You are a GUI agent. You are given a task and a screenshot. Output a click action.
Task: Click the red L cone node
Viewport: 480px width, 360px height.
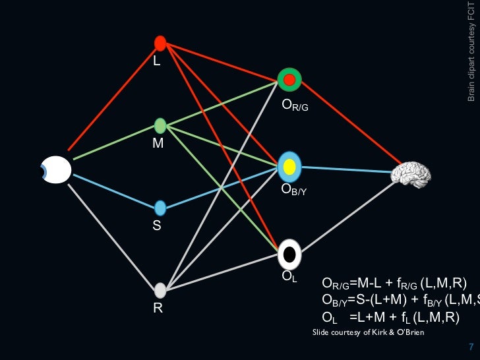(x=160, y=44)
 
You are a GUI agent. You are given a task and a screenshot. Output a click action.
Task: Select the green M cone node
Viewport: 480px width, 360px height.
(x=160, y=125)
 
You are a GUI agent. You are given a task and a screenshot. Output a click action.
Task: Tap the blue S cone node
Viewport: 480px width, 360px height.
(x=160, y=208)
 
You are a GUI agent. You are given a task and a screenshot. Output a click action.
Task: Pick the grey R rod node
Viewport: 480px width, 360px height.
(x=160, y=290)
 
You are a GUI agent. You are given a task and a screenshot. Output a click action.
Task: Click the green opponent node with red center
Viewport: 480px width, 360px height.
(x=289, y=80)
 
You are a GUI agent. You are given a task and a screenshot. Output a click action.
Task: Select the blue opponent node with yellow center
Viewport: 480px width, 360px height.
(x=289, y=167)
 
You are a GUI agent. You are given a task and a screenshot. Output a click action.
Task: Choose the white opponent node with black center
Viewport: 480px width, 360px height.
(x=289, y=253)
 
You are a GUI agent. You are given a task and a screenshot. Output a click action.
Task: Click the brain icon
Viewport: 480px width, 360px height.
(x=411, y=173)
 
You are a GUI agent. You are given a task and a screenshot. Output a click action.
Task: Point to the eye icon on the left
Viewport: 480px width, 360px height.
(x=56, y=169)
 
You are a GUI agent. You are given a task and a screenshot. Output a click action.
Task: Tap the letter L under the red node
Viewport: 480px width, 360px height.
(x=157, y=61)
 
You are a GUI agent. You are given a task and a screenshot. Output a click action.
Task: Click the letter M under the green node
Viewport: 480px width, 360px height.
(x=158, y=142)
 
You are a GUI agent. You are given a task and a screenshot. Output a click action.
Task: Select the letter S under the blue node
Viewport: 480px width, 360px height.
(x=157, y=225)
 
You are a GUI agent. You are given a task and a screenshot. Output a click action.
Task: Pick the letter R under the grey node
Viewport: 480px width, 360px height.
(x=158, y=307)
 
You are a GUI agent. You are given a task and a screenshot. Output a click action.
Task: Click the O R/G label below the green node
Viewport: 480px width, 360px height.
(x=294, y=104)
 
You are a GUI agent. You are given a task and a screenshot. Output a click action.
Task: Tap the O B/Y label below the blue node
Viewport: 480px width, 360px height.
(x=294, y=191)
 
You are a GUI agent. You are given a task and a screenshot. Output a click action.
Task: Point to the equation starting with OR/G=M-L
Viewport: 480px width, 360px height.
(x=394, y=284)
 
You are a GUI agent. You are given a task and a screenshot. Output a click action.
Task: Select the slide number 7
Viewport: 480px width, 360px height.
(x=470, y=347)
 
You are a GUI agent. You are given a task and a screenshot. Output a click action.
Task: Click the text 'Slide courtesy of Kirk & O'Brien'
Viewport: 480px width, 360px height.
(x=368, y=332)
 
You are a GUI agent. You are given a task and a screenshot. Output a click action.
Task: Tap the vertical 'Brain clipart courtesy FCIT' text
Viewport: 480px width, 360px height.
(x=471, y=51)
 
